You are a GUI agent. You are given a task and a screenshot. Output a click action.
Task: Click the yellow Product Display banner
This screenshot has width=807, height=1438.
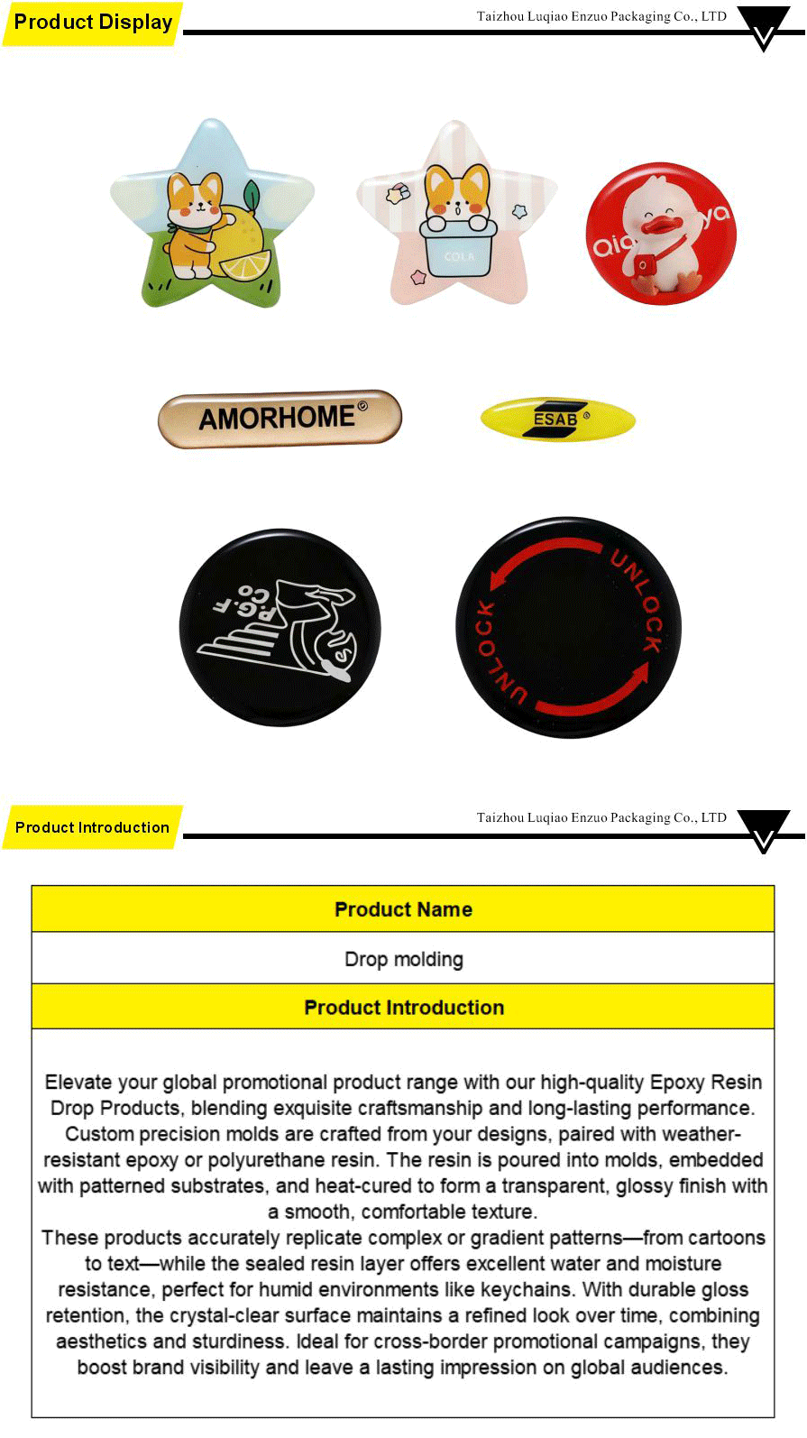click(x=92, y=23)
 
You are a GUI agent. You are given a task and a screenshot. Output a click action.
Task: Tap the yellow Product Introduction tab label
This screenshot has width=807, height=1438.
click(x=92, y=827)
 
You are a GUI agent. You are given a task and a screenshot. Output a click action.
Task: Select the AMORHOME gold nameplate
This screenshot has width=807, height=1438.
click(x=280, y=419)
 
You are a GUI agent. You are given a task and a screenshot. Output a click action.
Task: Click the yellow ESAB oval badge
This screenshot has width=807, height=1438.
click(x=558, y=420)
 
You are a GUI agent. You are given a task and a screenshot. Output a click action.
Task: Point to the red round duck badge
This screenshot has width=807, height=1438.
click(x=661, y=234)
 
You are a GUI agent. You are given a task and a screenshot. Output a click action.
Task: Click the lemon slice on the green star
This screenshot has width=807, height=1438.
click(x=245, y=265)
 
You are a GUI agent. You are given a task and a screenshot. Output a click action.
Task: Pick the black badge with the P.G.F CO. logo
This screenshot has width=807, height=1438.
click(x=280, y=628)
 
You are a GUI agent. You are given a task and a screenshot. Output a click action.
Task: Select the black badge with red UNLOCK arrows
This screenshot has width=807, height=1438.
click(x=568, y=628)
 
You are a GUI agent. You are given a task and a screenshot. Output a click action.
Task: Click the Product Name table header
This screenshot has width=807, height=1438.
click(x=403, y=909)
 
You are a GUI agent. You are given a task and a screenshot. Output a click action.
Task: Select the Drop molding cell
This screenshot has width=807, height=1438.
click(x=403, y=959)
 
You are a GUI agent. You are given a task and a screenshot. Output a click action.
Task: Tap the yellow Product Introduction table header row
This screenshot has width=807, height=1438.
click(x=403, y=1008)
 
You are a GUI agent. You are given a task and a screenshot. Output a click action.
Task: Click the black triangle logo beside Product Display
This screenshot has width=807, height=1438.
click(x=763, y=27)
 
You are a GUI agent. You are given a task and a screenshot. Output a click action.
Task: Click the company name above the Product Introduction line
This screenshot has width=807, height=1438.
click(x=601, y=817)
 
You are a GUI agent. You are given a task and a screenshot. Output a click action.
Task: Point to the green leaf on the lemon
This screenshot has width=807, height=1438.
click(x=252, y=194)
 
